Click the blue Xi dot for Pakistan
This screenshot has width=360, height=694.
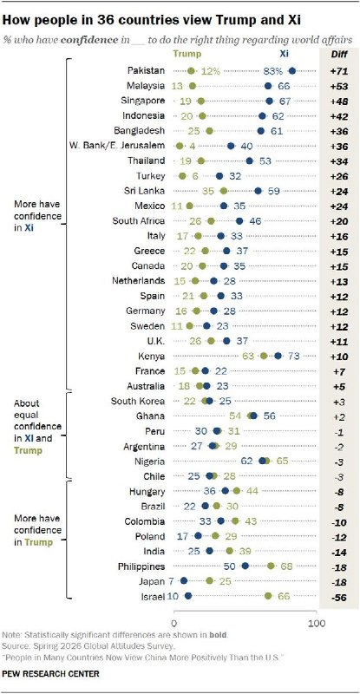tap(291, 70)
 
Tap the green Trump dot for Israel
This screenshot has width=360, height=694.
tap(268, 596)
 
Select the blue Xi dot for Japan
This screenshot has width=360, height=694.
tap(184, 580)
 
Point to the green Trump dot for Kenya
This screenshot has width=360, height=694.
tap(264, 356)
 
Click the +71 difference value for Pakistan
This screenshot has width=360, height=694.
tap(339, 71)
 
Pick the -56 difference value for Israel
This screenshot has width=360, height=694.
tap(339, 596)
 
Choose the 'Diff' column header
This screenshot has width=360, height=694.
tap(339, 54)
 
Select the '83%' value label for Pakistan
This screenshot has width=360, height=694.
tap(273, 71)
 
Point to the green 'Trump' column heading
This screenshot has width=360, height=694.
tap(187, 54)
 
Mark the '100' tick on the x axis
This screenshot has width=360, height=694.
tap(316, 623)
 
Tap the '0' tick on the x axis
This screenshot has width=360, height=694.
tap(173, 623)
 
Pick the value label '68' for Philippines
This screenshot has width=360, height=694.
tap(284, 566)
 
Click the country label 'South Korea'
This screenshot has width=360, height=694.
tap(138, 401)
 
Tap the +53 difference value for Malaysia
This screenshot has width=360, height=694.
tap(339, 86)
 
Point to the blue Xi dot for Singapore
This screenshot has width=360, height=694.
tap(269, 101)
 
